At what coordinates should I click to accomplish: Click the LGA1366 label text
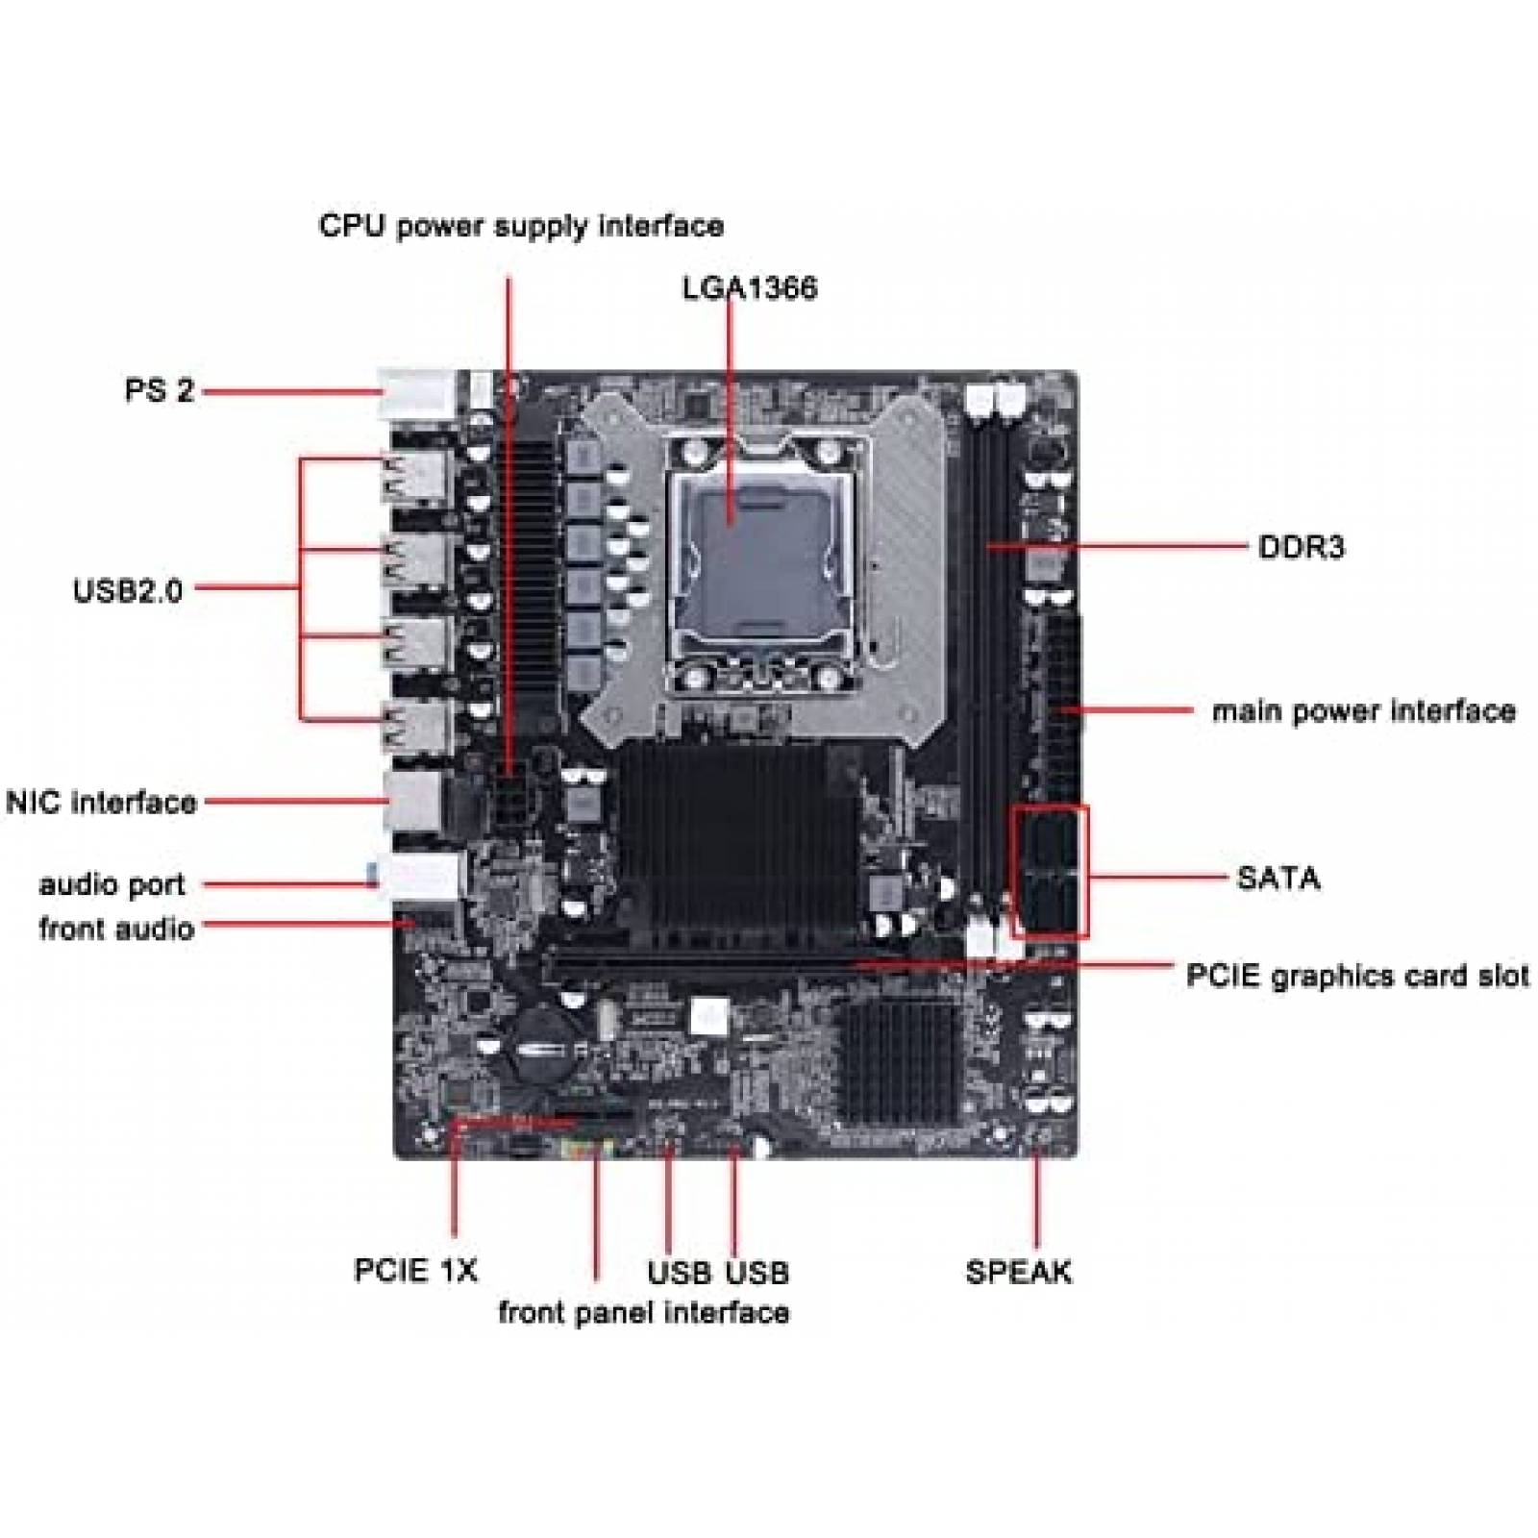[750, 287]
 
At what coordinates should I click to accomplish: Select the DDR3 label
[1301, 548]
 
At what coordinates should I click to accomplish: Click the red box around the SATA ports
[1050, 871]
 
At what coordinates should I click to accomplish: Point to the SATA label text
[1278, 878]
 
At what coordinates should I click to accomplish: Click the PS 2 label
[160, 390]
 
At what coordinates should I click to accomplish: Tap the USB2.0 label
[128, 589]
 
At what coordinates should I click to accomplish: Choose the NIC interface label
[102, 802]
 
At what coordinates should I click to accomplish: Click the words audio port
[112, 884]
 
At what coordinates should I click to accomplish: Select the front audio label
[116, 929]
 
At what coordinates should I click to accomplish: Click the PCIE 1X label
[415, 1270]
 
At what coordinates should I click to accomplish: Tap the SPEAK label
[1018, 1272]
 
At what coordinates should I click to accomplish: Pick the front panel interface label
[643, 1312]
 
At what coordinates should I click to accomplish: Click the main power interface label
[1363, 711]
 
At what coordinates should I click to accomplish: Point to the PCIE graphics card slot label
[1356, 976]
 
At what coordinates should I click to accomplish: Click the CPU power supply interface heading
[521, 226]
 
